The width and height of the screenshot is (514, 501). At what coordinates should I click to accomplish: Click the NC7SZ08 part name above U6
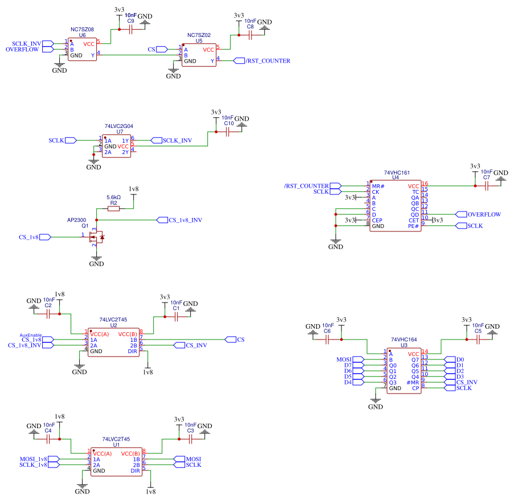tap(82, 30)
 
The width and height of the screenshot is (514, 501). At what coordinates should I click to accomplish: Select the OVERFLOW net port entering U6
tap(48, 49)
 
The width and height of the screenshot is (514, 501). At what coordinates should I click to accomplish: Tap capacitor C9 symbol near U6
tap(131, 30)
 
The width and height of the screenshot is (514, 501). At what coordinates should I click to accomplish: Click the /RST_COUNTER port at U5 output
tap(239, 61)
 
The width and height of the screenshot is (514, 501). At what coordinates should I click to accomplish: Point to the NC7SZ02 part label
tap(199, 35)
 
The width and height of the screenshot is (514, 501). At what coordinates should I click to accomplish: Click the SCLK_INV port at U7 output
tap(157, 140)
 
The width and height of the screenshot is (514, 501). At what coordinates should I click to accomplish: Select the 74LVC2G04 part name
tap(118, 126)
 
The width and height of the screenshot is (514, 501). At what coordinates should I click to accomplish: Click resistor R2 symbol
tap(113, 209)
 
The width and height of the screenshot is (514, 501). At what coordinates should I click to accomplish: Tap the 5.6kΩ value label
tap(113, 197)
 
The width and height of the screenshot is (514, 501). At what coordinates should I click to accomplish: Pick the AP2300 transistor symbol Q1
tap(96, 237)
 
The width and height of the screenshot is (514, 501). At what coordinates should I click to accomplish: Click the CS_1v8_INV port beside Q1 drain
tap(162, 220)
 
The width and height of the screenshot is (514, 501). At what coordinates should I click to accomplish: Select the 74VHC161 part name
tap(397, 172)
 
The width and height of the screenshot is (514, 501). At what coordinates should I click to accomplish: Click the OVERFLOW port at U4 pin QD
tap(461, 214)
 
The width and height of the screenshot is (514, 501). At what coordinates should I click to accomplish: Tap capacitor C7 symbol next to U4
tap(487, 186)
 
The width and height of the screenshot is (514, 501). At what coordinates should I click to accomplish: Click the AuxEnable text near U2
tap(31, 335)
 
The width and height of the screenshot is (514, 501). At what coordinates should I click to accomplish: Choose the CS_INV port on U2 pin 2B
tap(179, 345)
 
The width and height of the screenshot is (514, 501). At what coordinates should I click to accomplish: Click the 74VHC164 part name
tap(404, 339)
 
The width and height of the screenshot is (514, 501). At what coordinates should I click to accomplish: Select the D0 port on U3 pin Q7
tap(450, 359)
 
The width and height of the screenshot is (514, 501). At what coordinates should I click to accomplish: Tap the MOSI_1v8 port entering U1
tap(54, 459)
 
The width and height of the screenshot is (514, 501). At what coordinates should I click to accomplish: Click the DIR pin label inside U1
tap(135, 470)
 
